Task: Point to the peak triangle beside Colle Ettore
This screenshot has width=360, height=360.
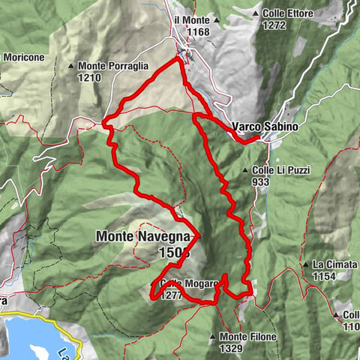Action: [x=256, y=13]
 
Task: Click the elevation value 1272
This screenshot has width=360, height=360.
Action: [x=274, y=25]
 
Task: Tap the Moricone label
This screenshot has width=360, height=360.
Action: [x=23, y=56]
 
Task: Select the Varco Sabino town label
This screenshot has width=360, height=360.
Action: [x=265, y=127]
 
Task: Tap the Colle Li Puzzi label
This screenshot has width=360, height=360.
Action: [x=281, y=170]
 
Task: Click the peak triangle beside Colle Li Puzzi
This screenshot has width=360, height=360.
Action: [x=245, y=171]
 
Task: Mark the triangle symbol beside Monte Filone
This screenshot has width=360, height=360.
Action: [x=213, y=337]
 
